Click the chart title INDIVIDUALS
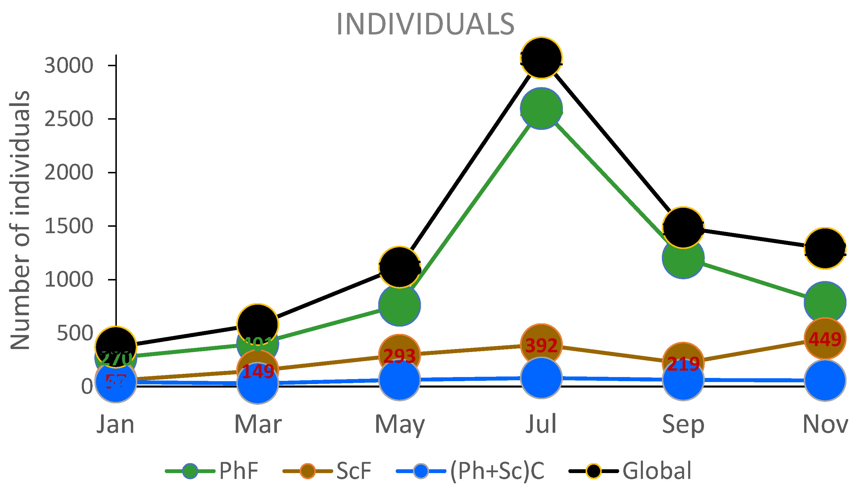click(425, 24)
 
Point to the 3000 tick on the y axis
click(69, 66)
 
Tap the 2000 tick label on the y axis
click(69, 173)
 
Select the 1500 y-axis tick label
click(69, 226)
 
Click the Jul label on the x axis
click(541, 424)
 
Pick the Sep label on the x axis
click(683, 424)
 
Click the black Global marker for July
click(541, 57)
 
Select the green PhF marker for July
click(541, 109)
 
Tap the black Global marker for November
click(825, 248)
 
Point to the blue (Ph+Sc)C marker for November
click(825, 380)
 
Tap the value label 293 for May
click(400, 356)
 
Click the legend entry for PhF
click(238, 470)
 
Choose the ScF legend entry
click(353, 470)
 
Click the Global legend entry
click(657, 470)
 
